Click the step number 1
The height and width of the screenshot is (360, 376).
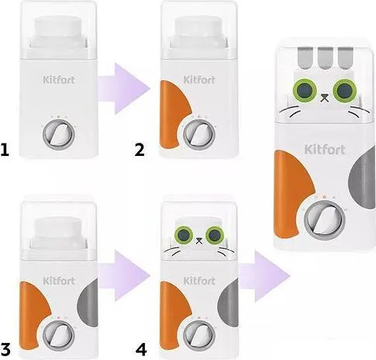click(5, 150)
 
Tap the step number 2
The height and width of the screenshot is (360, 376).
click(140, 150)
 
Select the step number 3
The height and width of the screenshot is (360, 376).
click(5, 350)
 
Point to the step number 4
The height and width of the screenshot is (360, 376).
click(141, 350)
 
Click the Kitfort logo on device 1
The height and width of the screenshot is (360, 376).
click(59, 80)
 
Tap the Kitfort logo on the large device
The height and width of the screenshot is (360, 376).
click(325, 150)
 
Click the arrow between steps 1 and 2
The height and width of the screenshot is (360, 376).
click(123, 88)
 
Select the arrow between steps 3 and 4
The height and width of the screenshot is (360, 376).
click(123, 275)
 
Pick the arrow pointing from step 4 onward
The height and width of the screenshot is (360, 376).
click(264, 276)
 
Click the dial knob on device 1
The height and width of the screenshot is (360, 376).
click(59, 135)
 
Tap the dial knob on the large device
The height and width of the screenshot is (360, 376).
click(325, 220)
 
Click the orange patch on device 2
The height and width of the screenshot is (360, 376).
click(174, 115)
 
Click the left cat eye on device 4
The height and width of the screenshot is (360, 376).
click(184, 235)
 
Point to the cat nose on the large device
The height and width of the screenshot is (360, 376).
click(325, 99)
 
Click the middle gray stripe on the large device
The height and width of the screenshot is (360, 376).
click(326, 58)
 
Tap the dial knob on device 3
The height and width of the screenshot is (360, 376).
click(59, 335)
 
